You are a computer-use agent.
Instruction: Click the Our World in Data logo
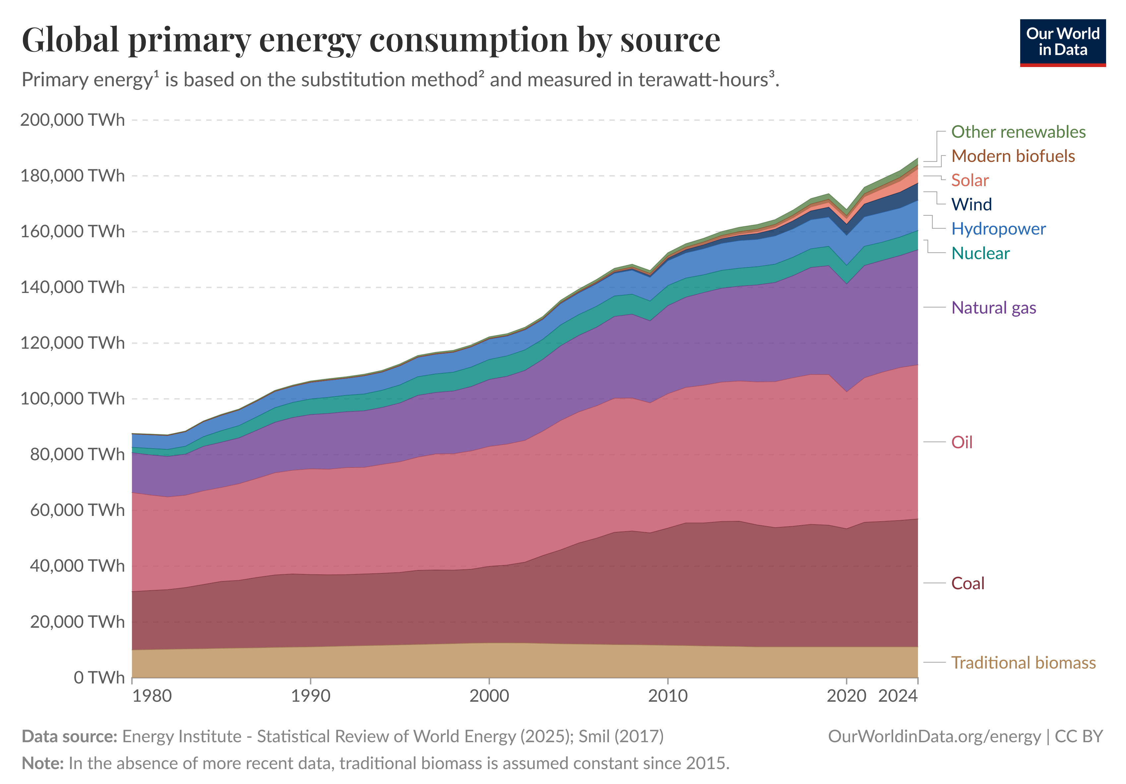1062,43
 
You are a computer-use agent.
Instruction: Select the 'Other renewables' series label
1018,132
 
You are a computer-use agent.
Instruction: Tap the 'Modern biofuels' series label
1013,156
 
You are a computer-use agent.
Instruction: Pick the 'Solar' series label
969,180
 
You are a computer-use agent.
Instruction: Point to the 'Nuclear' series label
980,253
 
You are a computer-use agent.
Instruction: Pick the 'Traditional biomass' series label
1023,663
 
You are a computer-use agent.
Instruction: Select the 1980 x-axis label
152,696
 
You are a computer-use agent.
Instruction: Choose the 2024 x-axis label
897,696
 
